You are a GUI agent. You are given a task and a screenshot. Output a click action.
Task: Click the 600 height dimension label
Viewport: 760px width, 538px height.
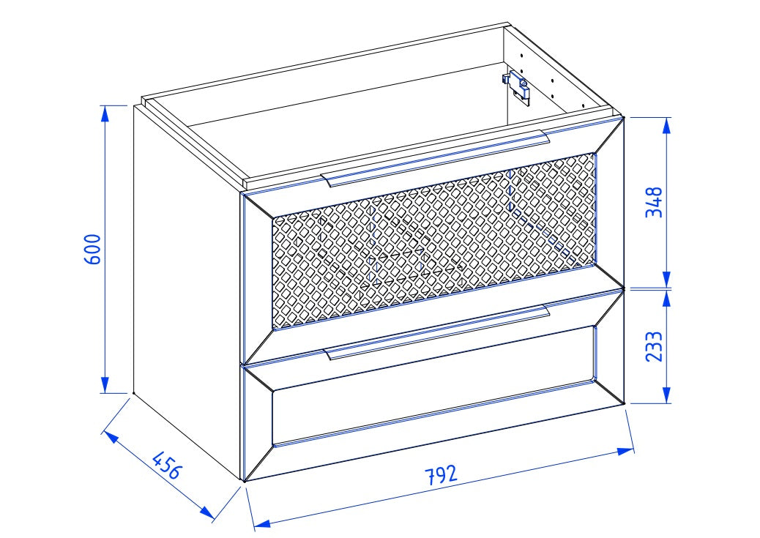[x=92, y=249]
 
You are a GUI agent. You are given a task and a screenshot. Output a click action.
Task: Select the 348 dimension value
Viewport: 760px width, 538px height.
[x=654, y=202]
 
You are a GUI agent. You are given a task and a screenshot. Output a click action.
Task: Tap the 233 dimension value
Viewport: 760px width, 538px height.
[x=654, y=346]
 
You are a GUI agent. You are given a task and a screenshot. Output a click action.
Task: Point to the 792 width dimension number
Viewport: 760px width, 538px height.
[x=441, y=474]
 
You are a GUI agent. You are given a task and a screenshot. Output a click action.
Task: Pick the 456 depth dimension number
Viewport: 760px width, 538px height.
[x=167, y=465]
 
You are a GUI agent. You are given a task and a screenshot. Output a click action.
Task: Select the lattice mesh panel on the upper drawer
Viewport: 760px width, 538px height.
[x=433, y=241]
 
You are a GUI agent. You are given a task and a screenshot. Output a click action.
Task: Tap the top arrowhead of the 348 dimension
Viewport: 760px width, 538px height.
[x=667, y=126]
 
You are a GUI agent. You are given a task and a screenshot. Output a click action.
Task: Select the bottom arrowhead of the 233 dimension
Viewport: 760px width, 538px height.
[x=667, y=395]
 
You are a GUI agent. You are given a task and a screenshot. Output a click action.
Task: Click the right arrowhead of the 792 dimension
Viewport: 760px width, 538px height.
[x=626, y=451]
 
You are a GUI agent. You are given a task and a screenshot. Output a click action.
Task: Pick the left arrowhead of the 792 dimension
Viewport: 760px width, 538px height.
[x=261, y=523]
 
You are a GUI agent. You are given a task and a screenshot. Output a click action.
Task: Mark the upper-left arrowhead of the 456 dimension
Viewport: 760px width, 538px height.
[x=111, y=437]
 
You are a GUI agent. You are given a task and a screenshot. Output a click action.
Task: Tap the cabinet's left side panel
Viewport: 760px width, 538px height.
[x=187, y=290]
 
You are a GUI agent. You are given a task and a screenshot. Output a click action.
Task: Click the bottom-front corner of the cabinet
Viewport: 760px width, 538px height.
[x=244, y=482]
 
